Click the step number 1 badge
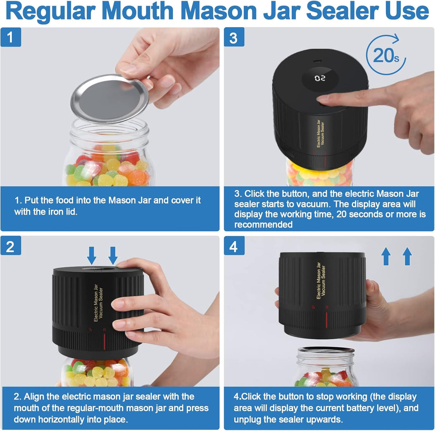(x=10, y=37)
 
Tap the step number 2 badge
(x=10, y=247)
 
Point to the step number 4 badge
(x=234, y=247)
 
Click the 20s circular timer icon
(x=386, y=55)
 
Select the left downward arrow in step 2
(x=92, y=256)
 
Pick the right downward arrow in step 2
(x=113, y=256)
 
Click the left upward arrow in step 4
(x=386, y=257)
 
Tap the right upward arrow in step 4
(x=407, y=257)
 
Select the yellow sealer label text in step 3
(x=320, y=134)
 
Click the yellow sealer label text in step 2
(x=98, y=302)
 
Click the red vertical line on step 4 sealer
(x=326, y=318)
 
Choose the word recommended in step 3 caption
(x=263, y=224)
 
